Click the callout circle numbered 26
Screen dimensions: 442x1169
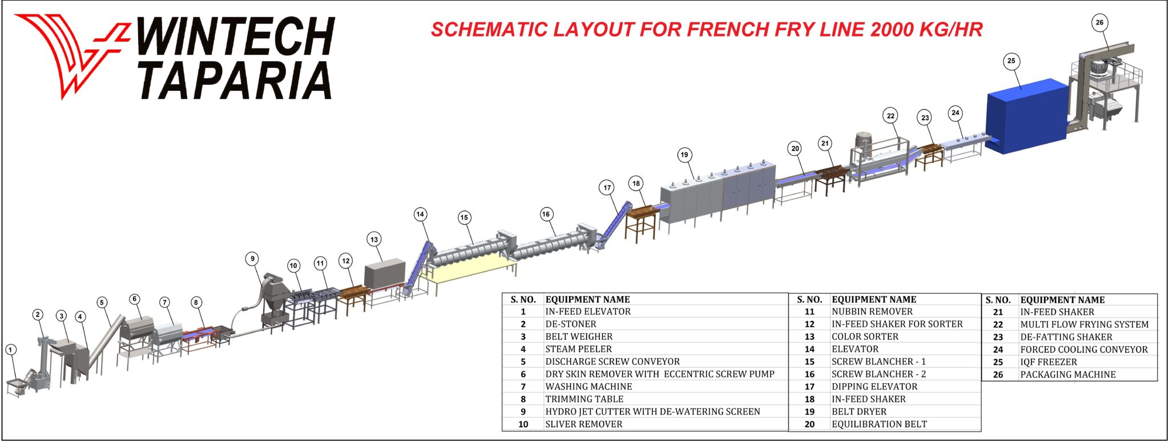(x=1099, y=23)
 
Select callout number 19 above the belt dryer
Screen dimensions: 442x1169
(x=684, y=155)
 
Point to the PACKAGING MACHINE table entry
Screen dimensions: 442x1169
(x=1067, y=375)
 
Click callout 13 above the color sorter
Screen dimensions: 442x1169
(x=374, y=240)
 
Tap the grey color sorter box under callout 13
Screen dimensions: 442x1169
(x=384, y=275)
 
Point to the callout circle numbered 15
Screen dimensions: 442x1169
(x=464, y=217)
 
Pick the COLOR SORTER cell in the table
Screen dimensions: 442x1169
(x=865, y=336)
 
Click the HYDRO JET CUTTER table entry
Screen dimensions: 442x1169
(x=652, y=412)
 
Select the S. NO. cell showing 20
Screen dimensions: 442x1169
(x=809, y=424)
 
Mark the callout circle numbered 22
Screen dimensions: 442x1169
(x=890, y=116)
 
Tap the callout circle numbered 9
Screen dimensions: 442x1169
(x=252, y=259)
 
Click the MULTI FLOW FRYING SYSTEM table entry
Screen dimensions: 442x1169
(x=1084, y=325)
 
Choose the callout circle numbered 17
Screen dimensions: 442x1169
(x=607, y=187)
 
